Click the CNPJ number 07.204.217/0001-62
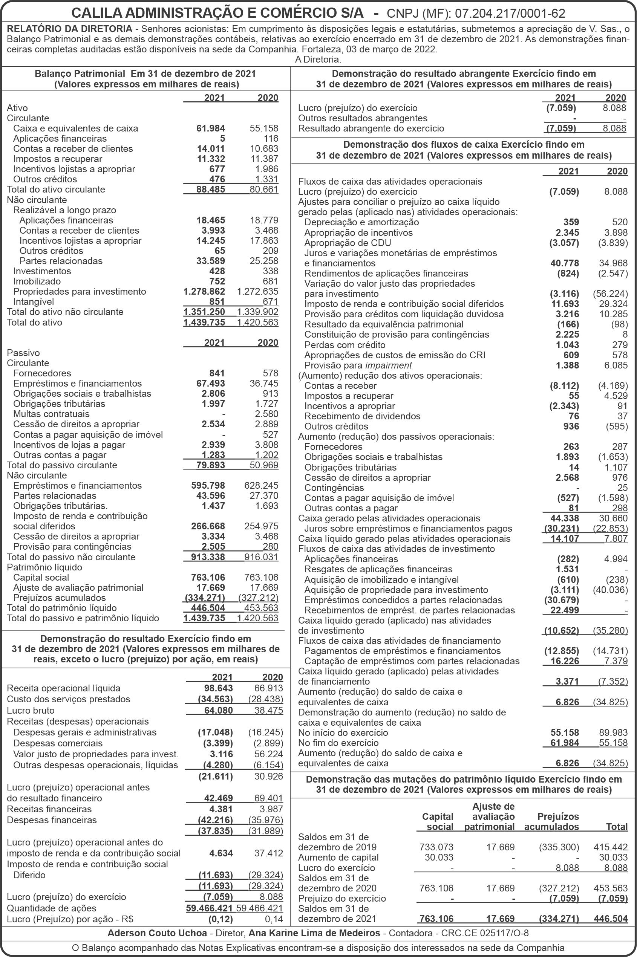pos(510,14)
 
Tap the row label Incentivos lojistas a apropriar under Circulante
pos(74,169)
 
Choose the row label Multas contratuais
pos(51,414)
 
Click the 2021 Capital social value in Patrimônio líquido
pos(208,577)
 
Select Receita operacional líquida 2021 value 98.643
pos(218,688)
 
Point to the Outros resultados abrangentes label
pos(362,118)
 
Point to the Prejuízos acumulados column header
pos(551,821)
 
